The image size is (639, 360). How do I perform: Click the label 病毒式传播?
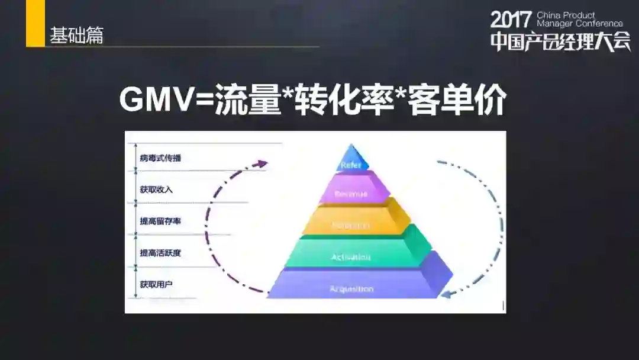(160, 158)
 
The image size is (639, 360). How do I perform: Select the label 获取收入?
(156, 189)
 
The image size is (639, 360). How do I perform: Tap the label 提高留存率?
(160, 221)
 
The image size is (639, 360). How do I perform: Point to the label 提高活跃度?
(160, 253)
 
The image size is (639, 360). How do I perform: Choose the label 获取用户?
(156, 285)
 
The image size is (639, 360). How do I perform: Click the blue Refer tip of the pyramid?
(351, 160)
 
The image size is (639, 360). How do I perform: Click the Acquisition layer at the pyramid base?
(351, 289)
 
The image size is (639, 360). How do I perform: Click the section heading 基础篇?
(76, 35)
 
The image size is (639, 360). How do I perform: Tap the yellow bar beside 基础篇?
(35, 24)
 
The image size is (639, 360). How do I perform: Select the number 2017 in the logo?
(512, 19)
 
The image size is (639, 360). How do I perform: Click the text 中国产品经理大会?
(560, 40)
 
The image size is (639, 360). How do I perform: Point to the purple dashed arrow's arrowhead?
(262, 164)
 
